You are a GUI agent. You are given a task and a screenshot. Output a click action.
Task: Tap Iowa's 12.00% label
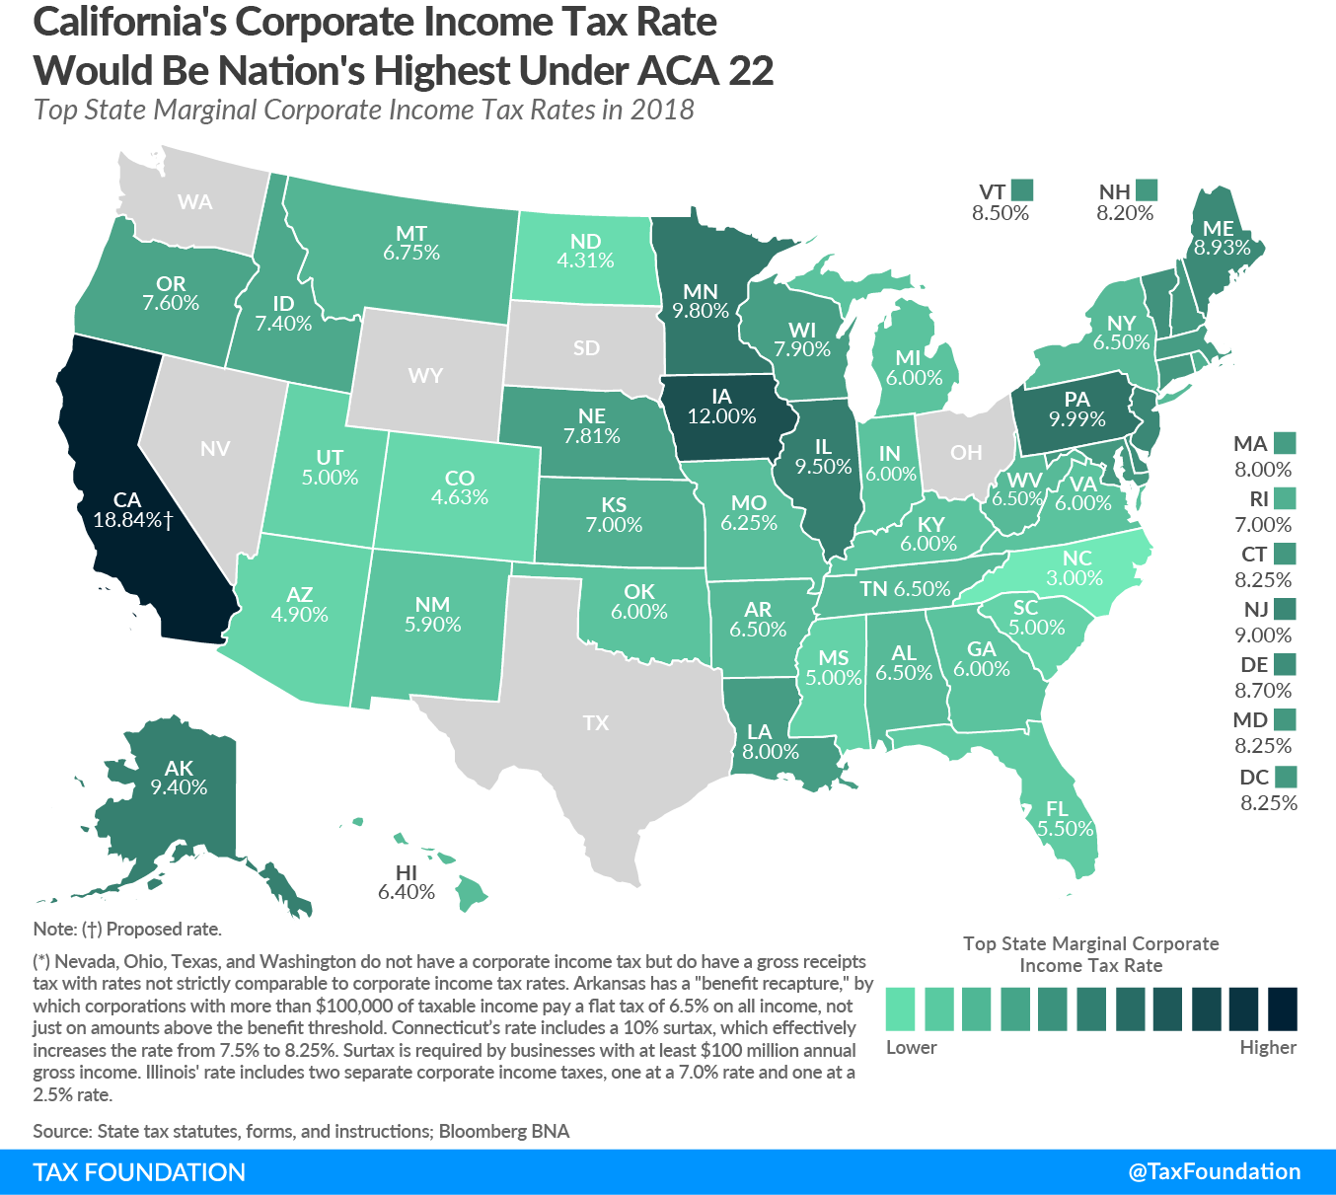click(x=721, y=416)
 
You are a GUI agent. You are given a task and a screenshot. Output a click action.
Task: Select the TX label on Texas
click(x=595, y=723)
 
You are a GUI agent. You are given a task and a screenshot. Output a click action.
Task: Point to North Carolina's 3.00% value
click(x=1075, y=578)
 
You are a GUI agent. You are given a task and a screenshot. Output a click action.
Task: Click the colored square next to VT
click(x=1022, y=189)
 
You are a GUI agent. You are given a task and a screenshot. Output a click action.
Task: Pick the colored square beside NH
click(x=1146, y=189)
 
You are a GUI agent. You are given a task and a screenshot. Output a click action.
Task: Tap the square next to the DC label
click(x=1285, y=777)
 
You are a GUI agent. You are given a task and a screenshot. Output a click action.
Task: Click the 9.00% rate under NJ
click(x=1263, y=635)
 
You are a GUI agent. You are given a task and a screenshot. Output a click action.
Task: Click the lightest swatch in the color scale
click(x=900, y=1008)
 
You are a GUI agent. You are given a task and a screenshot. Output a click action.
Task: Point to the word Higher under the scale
click(x=1268, y=1048)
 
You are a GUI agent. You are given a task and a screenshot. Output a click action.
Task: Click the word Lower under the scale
click(x=911, y=1048)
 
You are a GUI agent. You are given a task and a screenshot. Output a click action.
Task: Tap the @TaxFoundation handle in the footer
click(x=1214, y=1171)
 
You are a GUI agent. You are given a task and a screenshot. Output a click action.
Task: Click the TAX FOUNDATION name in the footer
click(x=139, y=1172)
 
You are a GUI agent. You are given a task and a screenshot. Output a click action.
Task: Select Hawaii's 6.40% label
click(x=406, y=892)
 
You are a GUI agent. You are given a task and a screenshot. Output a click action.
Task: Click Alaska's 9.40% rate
click(x=179, y=787)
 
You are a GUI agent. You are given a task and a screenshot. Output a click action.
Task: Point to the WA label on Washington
click(x=194, y=202)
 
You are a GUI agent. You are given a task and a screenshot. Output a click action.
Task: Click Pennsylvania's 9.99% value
click(x=1076, y=419)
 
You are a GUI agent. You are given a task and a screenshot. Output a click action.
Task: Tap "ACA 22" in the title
click(x=705, y=71)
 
